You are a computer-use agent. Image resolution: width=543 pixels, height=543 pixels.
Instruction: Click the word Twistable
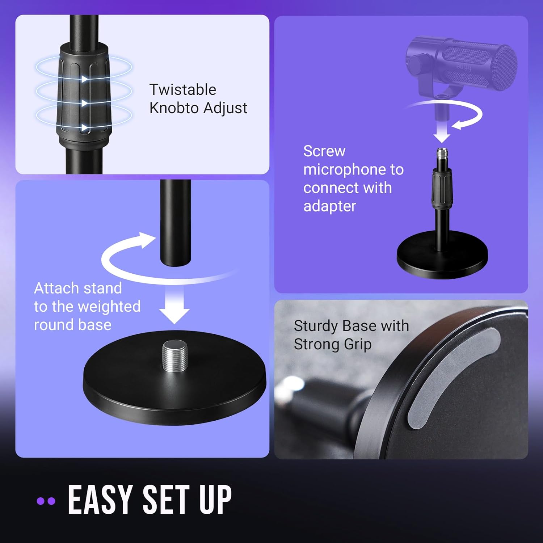(182, 90)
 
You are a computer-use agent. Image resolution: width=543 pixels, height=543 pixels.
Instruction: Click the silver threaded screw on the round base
(175, 355)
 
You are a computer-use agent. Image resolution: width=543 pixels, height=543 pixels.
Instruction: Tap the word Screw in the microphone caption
(324, 151)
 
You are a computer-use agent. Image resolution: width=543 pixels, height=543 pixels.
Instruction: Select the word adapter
(330, 206)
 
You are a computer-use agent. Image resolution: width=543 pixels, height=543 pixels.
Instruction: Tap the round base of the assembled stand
(442, 259)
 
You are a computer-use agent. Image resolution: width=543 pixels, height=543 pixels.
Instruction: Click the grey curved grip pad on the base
(452, 376)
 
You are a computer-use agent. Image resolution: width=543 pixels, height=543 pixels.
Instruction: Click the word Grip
(358, 344)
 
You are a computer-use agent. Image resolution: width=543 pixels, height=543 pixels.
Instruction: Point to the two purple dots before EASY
(46, 501)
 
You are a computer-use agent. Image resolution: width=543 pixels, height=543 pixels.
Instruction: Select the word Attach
(55, 288)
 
